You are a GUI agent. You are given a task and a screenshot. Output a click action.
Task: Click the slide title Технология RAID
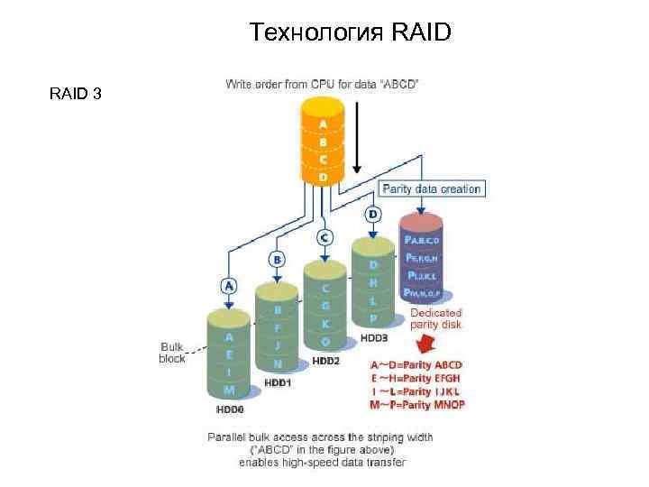click(x=351, y=33)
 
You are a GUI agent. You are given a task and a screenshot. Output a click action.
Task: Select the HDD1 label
click(x=279, y=382)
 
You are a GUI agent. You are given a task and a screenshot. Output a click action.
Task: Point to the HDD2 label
click(x=326, y=360)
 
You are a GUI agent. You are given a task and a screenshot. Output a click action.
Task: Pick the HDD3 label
click(x=372, y=337)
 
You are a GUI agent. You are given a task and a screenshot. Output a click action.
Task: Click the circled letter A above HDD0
click(x=229, y=286)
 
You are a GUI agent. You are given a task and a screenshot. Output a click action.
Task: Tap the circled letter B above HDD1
click(x=278, y=260)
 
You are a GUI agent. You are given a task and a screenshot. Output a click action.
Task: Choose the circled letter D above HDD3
click(x=372, y=215)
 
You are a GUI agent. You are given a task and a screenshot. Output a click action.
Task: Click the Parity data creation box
click(x=432, y=188)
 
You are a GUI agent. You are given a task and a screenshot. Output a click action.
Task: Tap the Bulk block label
click(x=172, y=353)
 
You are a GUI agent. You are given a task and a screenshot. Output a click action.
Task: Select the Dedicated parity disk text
click(x=436, y=318)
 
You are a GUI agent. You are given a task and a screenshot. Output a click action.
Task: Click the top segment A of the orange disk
click(x=323, y=124)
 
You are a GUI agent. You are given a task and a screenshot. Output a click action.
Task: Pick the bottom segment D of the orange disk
click(x=323, y=178)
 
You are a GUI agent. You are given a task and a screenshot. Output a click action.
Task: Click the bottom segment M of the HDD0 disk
click(x=229, y=390)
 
